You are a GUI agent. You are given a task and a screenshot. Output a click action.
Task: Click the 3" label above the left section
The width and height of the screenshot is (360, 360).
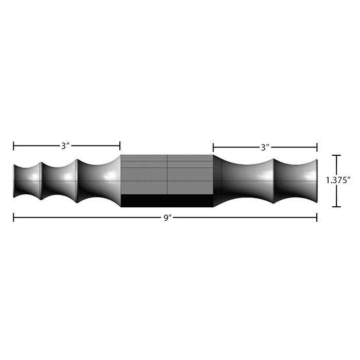coord(65,146)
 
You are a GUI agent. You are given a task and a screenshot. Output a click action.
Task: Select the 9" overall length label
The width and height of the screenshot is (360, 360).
coord(167,218)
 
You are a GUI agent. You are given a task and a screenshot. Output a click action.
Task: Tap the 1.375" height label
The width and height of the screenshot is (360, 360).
coord(338,181)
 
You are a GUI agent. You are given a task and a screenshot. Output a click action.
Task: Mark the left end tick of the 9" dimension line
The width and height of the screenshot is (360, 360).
coord(13,218)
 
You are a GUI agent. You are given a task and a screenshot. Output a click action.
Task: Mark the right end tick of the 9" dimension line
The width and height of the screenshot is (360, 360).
coord(317,218)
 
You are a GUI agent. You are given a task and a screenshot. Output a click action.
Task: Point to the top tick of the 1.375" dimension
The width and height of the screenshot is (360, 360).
coord(336,155)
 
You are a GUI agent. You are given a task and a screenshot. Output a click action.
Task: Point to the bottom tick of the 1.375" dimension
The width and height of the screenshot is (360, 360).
coord(336,207)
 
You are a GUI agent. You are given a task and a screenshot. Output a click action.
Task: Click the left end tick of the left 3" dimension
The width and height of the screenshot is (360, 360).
coord(13,146)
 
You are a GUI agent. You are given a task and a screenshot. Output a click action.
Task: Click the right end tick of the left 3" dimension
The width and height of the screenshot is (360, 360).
coord(120,146)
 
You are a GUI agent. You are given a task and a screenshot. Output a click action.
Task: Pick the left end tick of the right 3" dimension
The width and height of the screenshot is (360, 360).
coord(213,147)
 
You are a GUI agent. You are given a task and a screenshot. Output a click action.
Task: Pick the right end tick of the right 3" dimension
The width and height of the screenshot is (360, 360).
coord(317,147)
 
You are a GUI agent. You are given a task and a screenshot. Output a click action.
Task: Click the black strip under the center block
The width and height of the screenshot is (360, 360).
coord(167,201)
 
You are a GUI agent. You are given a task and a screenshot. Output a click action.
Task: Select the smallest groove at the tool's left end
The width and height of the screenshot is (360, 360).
coord(27,181)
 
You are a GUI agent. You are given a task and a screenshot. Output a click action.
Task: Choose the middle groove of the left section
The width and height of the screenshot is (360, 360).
coord(59,181)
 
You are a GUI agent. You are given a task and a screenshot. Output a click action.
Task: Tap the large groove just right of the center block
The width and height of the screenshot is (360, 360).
coord(244,181)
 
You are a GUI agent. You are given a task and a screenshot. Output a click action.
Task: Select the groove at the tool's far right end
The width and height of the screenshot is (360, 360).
coord(296,181)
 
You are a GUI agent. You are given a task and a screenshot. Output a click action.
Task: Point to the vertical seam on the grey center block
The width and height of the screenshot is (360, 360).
coord(167,175)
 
